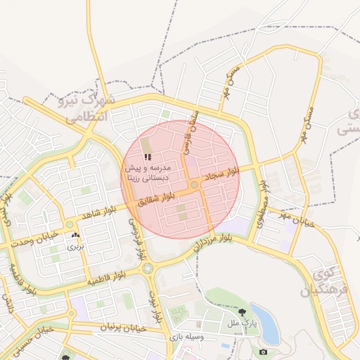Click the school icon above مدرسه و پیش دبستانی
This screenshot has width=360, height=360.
(x=147, y=157)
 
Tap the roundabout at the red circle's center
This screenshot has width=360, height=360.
(x=194, y=185)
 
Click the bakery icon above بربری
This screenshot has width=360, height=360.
(x=75, y=236)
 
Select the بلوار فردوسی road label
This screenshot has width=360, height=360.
(x=134, y=229)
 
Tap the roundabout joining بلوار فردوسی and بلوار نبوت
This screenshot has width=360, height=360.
(x=147, y=268)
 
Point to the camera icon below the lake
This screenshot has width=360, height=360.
(x=263, y=351)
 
